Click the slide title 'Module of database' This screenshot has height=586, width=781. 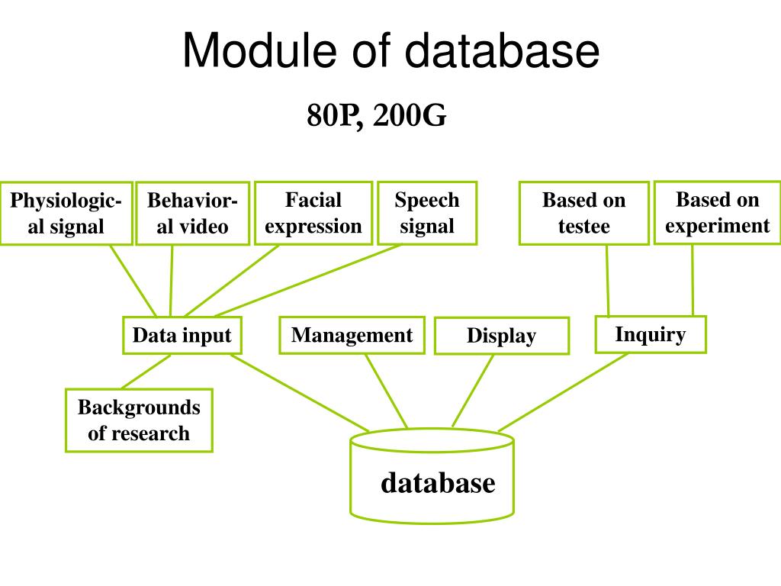(390, 52)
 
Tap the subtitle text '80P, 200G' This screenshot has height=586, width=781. (376, 116)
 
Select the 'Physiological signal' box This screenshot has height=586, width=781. (66, 213)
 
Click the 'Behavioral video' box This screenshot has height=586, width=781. (192, 213)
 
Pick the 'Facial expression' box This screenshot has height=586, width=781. (313, 212)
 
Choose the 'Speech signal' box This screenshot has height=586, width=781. (426, 212)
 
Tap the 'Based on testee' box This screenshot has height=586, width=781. (583, 213)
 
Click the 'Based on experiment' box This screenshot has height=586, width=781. (717, 212)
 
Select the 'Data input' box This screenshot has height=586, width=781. (182, 335)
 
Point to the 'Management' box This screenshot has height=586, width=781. (352, 335)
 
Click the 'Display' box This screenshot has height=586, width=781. (501, 336)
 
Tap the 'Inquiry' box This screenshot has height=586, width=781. (650, 334)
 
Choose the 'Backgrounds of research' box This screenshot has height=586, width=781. (138, 420)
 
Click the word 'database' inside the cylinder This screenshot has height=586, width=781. (438, 482)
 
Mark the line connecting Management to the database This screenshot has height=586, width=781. (386, 391)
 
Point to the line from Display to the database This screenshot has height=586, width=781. (473, 391)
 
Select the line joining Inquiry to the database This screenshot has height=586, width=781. (563, 391)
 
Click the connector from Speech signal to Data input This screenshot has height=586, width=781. (308, 280)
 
